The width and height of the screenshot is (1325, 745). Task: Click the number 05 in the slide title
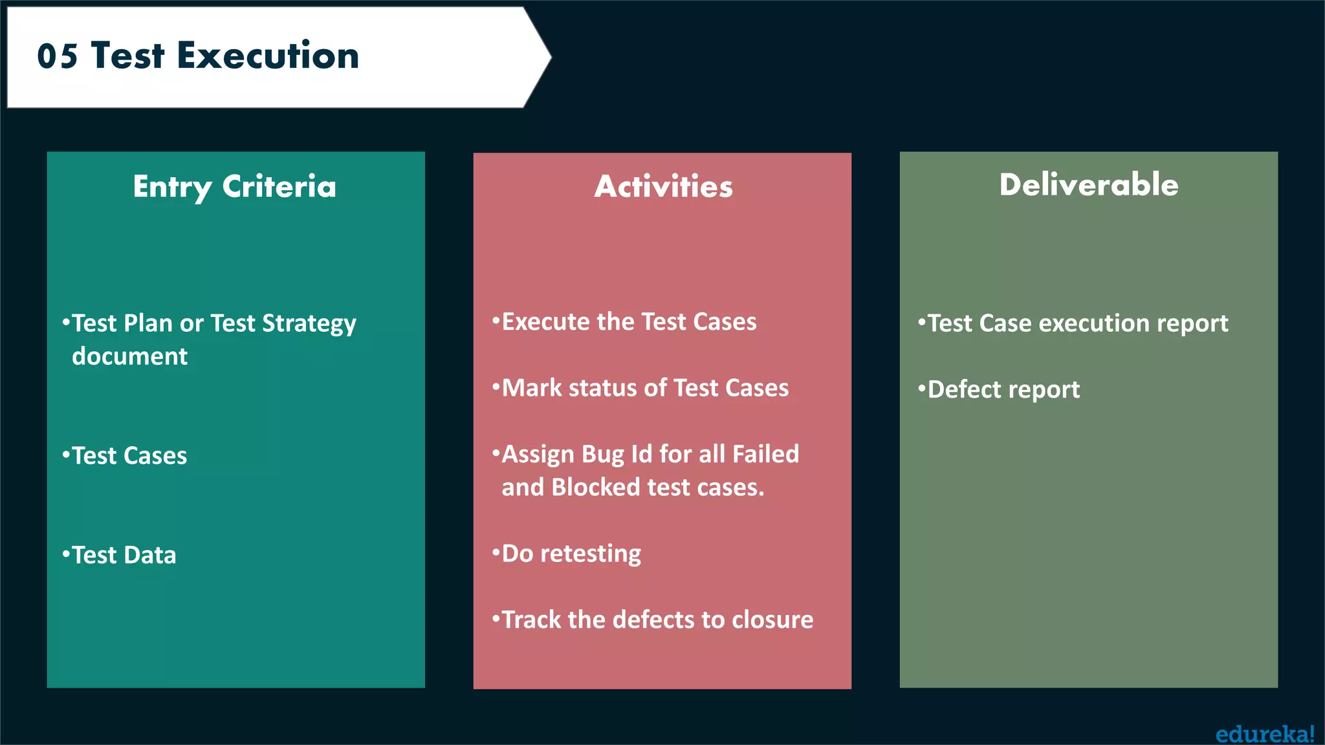click(x=58, y=56)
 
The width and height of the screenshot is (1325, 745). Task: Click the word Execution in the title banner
click(x=268, y=56)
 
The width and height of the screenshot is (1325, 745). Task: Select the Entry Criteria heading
click(x=235, y=187)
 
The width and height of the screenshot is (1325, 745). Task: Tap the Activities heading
click(x=663, y=187)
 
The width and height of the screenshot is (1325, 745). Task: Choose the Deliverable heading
click(x=1088, y=185)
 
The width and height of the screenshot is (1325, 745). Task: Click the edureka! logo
click(x=1264, y=734)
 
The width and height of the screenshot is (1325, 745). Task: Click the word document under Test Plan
click(x=130, y=356)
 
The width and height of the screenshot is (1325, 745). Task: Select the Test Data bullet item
click(x=124, y=556)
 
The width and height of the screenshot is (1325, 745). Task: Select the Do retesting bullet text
click(x=571, y=554)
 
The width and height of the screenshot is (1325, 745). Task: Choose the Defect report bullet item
click(x=1003, y=390)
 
